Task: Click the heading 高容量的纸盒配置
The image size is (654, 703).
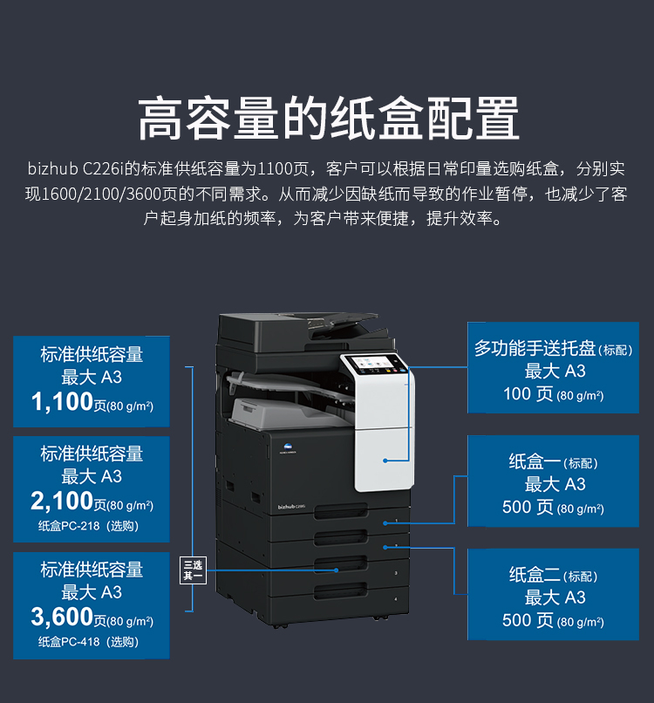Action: pos(328,119)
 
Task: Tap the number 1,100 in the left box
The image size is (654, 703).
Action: pos(62,401)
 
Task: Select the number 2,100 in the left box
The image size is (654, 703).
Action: pos(62,501)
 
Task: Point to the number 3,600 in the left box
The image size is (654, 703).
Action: pos(62,617)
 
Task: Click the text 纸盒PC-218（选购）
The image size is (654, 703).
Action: pos(88,525)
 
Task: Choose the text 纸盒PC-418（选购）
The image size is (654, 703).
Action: pos(88,642)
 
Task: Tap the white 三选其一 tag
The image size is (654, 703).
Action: pos(193,570)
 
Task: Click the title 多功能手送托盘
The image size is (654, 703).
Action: pos(535,348)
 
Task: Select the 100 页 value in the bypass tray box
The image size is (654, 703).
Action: pos(528,394)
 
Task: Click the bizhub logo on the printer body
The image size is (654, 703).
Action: pos(291,507)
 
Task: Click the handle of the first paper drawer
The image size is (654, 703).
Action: pos(341,512)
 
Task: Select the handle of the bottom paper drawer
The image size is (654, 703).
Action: pos(340,591)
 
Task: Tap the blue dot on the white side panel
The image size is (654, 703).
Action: pos(385,461)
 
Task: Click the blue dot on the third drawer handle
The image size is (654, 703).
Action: pos(337,570)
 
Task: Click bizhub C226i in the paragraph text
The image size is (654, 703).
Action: pos(75,168)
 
